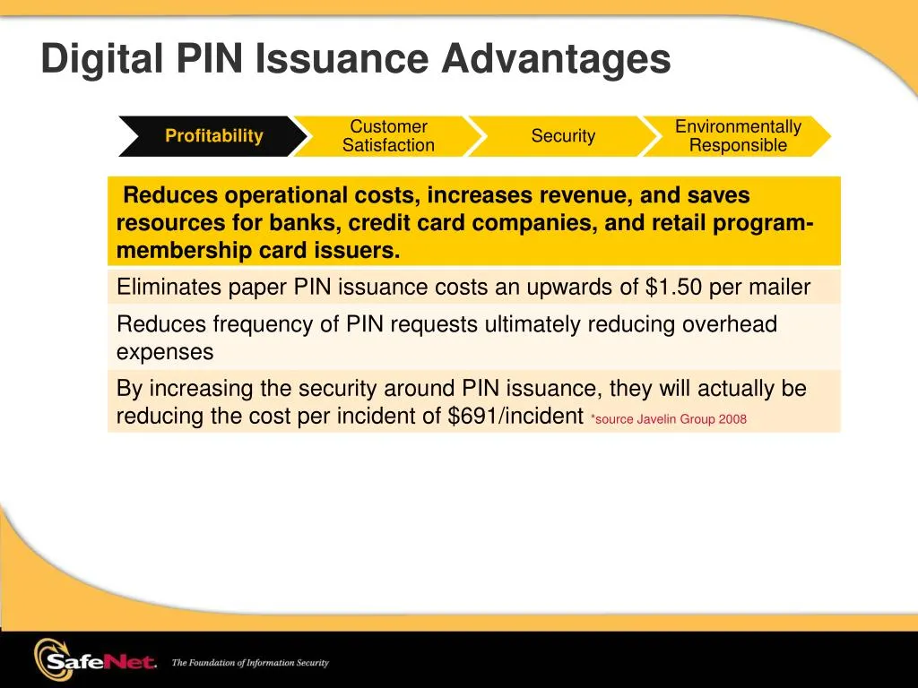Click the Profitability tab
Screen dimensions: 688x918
click(213, 136)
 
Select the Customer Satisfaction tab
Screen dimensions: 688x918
click(388, 136)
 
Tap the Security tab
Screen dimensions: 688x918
click(563, 136)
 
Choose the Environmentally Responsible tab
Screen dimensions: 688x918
click(738, 136)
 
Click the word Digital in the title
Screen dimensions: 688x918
click(100, 60)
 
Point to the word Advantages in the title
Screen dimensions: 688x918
click(556, 60)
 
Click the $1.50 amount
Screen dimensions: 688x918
click(673, 288)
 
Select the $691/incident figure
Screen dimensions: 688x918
click(515, 417)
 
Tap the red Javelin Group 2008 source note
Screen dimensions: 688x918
click(669, 419)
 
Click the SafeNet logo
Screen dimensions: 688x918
click(94, 661)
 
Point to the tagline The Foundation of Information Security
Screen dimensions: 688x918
click(250, 663)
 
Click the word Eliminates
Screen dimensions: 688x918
click(168, 288)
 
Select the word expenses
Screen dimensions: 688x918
click(165, 352)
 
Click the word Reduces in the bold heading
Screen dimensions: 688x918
click(172, 195)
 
